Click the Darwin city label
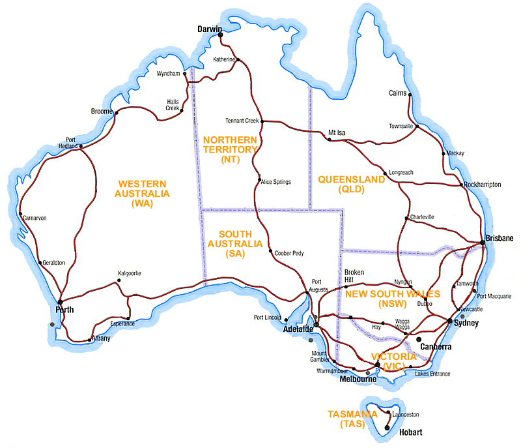coord(210,29)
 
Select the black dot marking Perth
coord(60,302)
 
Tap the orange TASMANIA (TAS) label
coord(351,419)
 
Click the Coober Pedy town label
coord(290,253)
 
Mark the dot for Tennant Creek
coord(261,121)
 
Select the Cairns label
coord(397,93)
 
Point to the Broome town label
coord(102,112)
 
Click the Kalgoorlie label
coord(130,273)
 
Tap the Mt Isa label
coord(337,132)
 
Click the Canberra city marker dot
coord(417,339)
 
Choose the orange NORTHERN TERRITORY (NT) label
coord(231,149)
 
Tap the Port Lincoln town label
coord(267,318)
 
